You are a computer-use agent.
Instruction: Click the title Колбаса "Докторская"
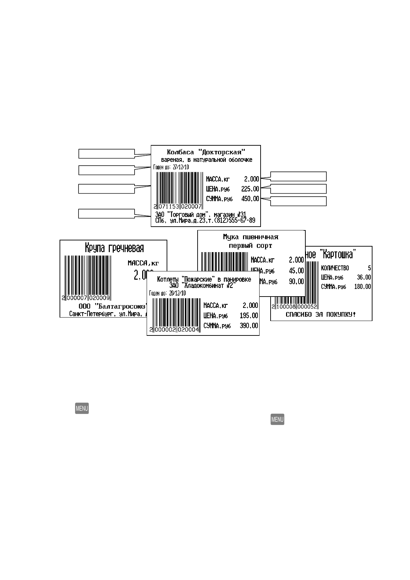click(x=206, y=152)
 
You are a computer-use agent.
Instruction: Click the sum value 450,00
click(x=250, y=199)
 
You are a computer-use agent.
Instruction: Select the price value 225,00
click(x=250, y=189)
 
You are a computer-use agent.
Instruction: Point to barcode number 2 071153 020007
click(x=178, y=207)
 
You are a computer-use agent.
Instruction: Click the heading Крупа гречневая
click(x=114, y=248)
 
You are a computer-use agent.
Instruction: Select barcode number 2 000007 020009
click(x=86, y=298)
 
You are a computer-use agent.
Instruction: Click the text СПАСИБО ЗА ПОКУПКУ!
click(x=320, y=314)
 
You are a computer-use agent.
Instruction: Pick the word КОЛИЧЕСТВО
click(x=335, y=268)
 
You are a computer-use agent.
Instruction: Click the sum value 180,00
click(x=362, y=287)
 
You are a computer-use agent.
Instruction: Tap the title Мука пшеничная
click(x=250, y=237)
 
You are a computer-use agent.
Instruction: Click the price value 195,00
click(x=249, y=315)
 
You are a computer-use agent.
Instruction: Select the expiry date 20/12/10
click(x=177, y=293)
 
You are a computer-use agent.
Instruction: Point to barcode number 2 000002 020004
click(x=175, y=330)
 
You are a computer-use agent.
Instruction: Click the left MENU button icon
click(x=82, y=408)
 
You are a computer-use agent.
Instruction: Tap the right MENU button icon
click(x=277, y=420)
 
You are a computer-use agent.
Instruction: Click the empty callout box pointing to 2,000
click(x=298, y=176)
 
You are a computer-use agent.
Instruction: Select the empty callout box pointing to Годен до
click(x=106, y=170)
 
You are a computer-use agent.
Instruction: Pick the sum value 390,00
click(x=249, y=326)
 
